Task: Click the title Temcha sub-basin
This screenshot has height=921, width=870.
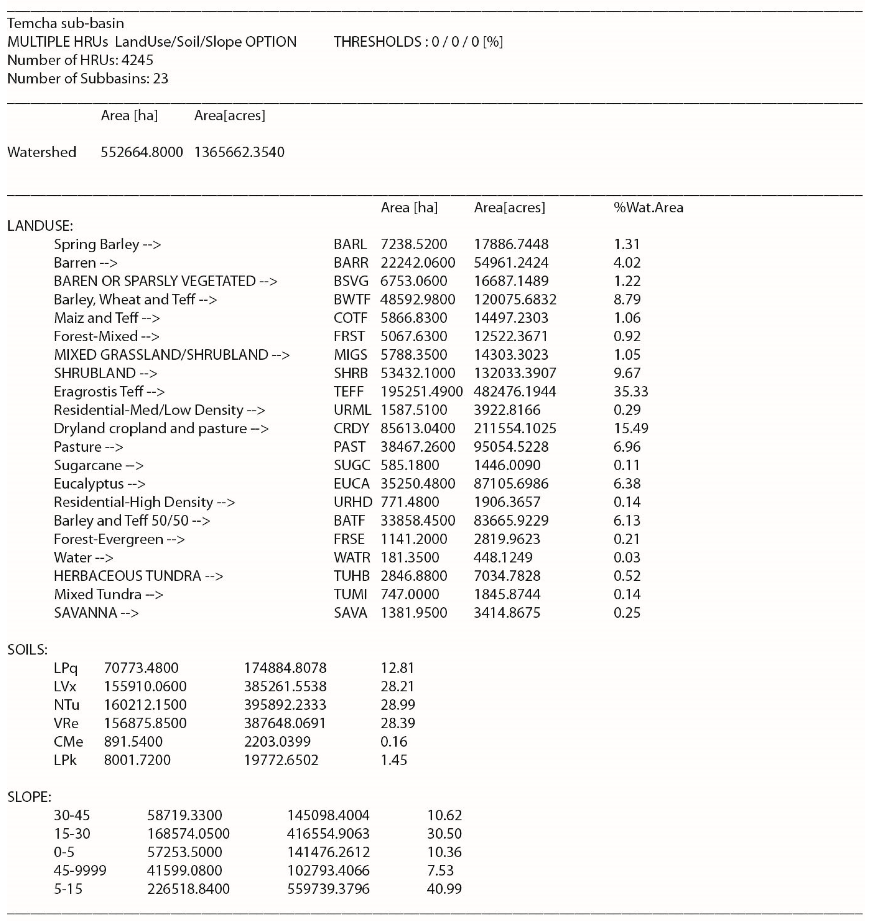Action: [x=65, y=23]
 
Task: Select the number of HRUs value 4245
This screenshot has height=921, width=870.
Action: [x=137, y=60]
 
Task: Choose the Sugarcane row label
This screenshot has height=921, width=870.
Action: [x=98, y=465]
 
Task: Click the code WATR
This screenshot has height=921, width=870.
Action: [x=351, y=557]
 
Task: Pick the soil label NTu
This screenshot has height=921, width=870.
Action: [x=66, y=705]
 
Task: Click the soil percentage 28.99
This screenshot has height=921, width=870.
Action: [x=397, y=705]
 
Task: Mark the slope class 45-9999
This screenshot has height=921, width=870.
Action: [x=80, y=870]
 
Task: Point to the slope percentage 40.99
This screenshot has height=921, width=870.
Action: [x=444, y=889]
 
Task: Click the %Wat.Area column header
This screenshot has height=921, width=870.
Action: [x=648, y=207]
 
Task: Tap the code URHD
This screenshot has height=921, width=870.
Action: [x=352, y=502]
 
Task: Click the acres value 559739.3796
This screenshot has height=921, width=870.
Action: [x=328, y=889]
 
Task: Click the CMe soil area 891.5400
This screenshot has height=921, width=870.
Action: [x=133, y=741]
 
